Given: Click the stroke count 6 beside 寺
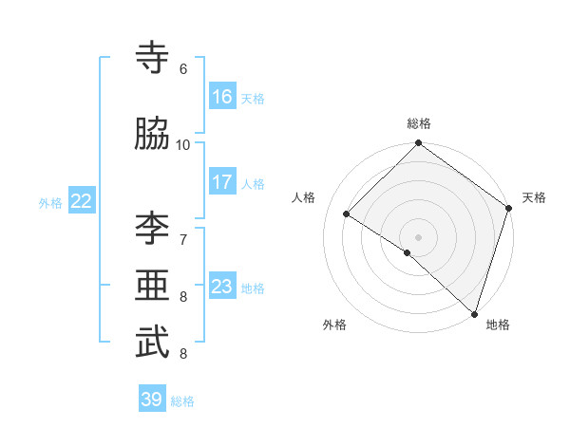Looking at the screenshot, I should pos(183,69).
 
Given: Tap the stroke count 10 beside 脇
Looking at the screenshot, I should pos(183,144).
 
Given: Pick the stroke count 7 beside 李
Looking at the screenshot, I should pos(183,236).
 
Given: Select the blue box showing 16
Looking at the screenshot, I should pos(222,97).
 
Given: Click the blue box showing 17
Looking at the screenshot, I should pos(222,182).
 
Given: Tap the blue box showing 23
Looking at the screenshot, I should pos(222,287).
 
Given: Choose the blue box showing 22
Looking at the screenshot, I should pos(82,200).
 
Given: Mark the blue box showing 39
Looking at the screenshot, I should pos(152,400).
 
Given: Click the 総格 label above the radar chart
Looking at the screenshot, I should pos(419,123).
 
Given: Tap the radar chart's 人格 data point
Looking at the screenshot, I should pos(347,214).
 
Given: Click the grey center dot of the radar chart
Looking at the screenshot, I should pos(418,236).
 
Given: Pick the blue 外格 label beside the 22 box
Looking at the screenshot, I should pos(50,202).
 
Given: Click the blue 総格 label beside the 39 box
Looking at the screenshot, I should pos(182,401).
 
